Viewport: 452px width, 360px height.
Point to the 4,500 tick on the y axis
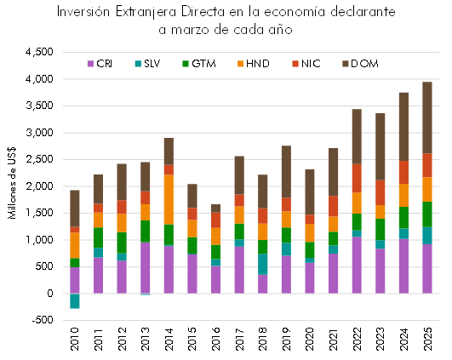pyautogui.click(x=40, y=53)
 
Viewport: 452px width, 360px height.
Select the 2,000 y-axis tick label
pyautogui.click(x=40, y=186)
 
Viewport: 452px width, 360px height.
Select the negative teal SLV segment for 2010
pyautogui.click(x=75, y=300)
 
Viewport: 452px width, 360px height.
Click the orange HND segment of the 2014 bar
pyautogui.click(x=168, y=199)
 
